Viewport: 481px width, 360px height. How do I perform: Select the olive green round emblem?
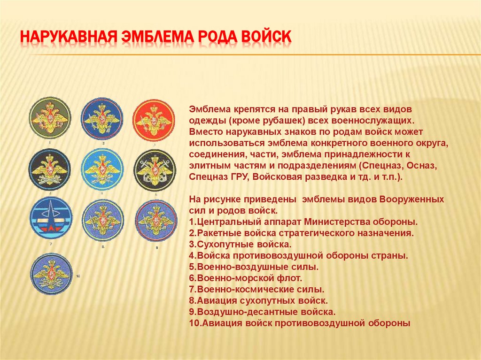(50, 117)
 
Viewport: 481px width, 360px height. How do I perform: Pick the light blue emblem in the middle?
(102, 169)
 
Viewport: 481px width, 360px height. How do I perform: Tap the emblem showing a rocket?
(50, 218)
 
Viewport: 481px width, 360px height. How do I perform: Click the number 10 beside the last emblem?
(78, 276)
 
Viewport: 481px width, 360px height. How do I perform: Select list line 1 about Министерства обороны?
(303, 221)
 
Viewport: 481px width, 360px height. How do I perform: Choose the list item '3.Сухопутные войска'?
(240, 245)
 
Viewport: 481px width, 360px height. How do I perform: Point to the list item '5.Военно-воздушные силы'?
(254, 267)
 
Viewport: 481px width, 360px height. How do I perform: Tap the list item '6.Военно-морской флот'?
(246, 278)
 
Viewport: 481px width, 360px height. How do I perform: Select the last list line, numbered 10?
(300, 323)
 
